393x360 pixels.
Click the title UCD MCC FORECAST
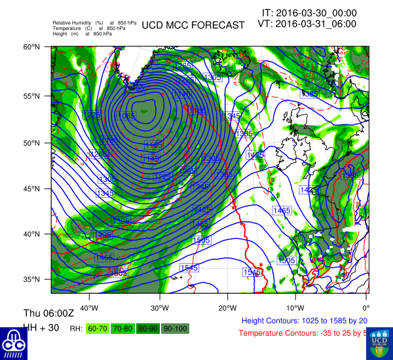(x=193, y=26)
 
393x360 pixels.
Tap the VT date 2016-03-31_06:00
(x=307, y=24)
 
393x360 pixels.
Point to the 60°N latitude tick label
(x=33, y=47)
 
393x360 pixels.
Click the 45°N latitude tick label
(x=33, y=189)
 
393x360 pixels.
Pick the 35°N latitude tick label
(x=33, y=279)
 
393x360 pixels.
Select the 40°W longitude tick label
(x=89, y=308)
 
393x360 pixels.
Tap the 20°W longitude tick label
(x=227, y=308)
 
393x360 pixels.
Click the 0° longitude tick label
(x=365, y=308)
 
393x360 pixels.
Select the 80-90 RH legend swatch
(x=149, y=328)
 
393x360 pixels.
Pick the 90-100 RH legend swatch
(x=176, y=328)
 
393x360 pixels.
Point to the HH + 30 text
(x=39, y=326)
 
